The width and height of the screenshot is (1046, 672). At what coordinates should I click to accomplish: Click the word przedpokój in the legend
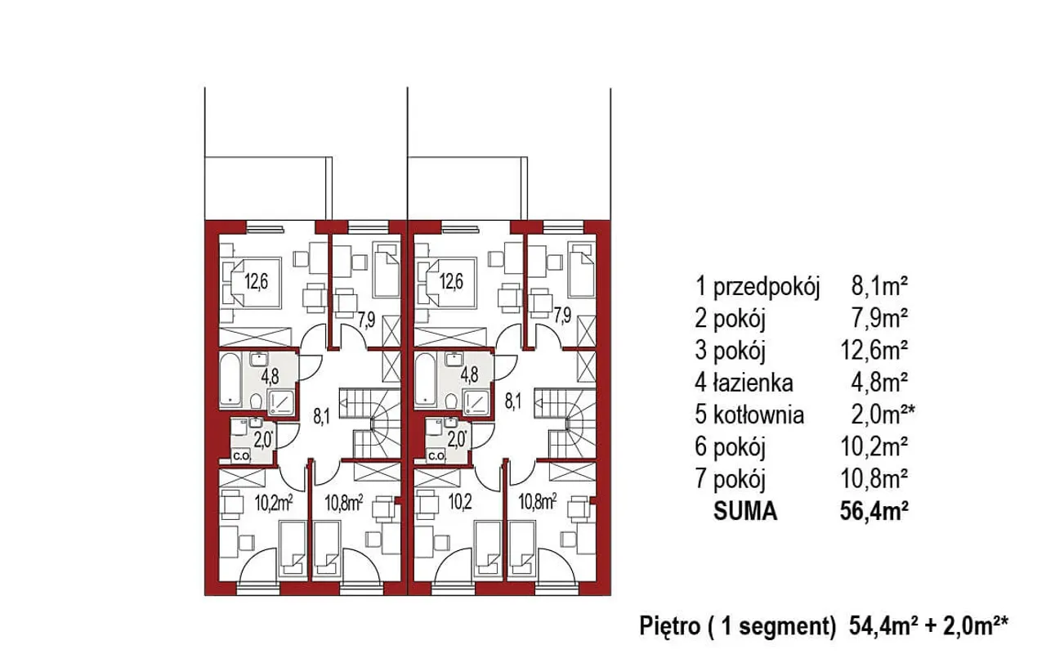click(x=767, y=287)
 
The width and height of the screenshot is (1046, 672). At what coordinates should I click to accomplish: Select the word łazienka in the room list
click(x=753, y=383)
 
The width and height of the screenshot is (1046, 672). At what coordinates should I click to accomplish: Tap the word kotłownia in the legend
click(x=758, y=414)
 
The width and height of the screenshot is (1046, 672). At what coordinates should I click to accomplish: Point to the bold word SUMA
click(x=745, y=511)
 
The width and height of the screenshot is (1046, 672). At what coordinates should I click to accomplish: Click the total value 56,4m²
click(x=874, y=511)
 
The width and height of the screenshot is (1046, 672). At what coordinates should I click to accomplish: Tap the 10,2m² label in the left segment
click(x=274, y=503)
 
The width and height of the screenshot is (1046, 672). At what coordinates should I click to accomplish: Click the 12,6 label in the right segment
click(x=451, y=282)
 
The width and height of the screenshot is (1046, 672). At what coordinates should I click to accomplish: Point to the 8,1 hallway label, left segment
click(x=321, y=416)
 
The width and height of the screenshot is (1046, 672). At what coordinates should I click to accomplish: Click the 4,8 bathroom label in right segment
click(x=469, y=375)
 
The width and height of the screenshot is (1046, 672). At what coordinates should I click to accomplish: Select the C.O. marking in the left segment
click(x=242, y=456)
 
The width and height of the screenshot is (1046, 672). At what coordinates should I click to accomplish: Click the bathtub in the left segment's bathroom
click(x=230, y=380)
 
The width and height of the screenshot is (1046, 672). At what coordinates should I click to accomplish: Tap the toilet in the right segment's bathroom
click(x=450, y=401)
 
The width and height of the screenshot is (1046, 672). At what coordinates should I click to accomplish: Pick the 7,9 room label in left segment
click(x=367, y=321)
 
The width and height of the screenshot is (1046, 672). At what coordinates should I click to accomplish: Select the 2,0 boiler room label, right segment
click(x=457, y=440)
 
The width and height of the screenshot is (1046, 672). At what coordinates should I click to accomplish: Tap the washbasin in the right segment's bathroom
click(x=454, y=359)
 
